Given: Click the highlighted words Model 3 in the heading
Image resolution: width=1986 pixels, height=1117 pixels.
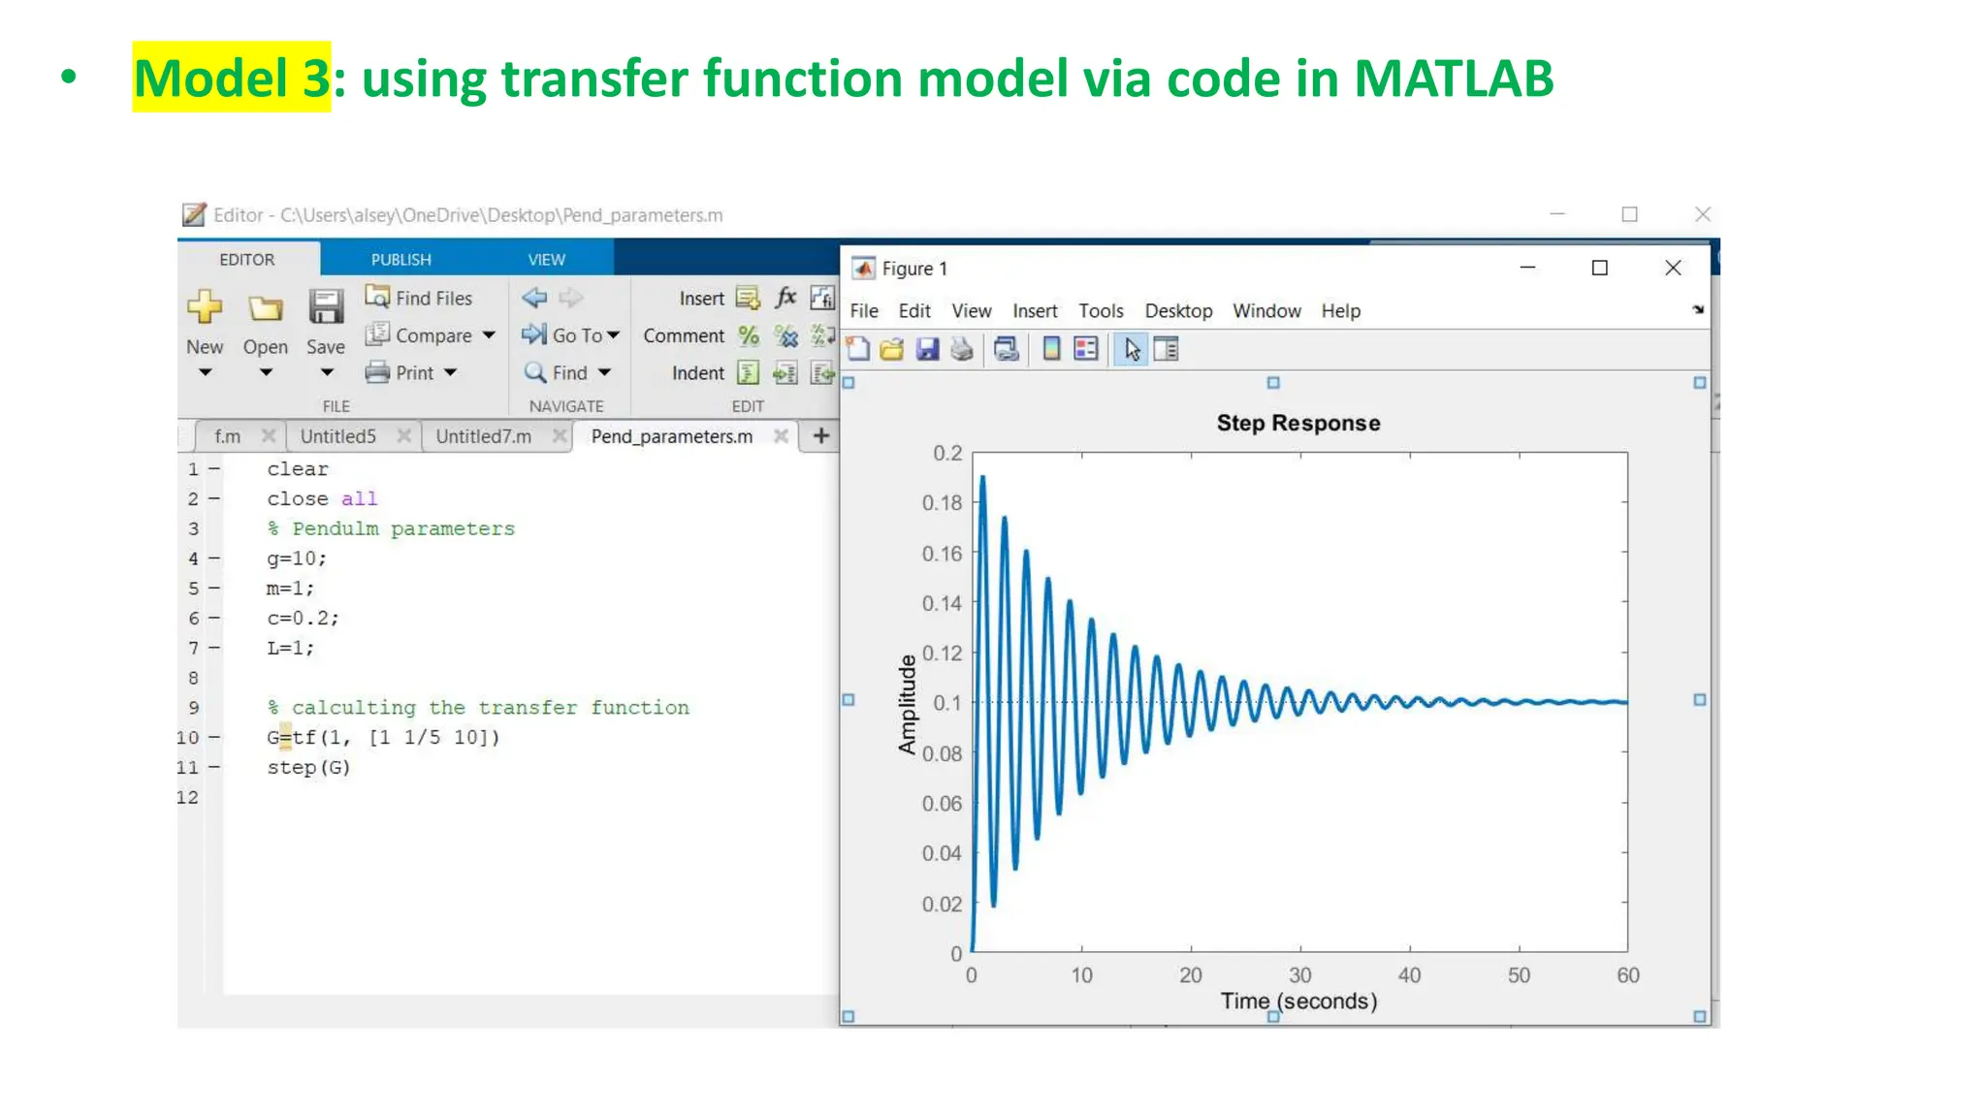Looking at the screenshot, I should click(x=232, y=78).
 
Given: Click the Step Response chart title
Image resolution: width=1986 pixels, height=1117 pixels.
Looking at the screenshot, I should click(x=1297, y=423).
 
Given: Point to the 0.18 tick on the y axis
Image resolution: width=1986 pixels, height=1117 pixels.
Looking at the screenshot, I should click(x=942, y=503).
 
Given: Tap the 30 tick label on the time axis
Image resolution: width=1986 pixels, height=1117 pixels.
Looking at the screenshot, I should click(x=1299, y=975).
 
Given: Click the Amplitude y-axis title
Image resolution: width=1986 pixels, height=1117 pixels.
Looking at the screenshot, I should click(x=907, y=704).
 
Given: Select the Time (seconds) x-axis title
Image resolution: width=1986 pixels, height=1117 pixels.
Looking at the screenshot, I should click(x=1297, y=1001).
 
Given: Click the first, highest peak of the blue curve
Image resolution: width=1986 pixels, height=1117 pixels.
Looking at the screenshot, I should click(x=982, y=477).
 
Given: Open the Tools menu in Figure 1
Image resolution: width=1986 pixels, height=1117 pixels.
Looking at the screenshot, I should click(x=1101, y=311).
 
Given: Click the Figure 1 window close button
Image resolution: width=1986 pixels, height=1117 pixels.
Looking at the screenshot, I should click(x=1673, y=268).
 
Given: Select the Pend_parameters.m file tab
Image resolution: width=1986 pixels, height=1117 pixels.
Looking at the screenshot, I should click(x=671, y=436).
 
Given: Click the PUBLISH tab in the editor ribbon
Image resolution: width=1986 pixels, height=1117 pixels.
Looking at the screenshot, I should click(x=400, y=260).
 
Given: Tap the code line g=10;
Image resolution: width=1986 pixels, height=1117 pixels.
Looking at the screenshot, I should click(x=297, y=558).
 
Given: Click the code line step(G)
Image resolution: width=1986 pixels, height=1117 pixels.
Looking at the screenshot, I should click(x=308, y=767).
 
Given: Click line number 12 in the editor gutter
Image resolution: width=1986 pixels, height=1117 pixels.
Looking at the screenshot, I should click(x=187, y=797).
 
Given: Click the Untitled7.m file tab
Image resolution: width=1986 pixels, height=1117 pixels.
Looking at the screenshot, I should click(x=483, y=436).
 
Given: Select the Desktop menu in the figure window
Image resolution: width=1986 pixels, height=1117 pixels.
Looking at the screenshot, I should click(x=1178, y=311).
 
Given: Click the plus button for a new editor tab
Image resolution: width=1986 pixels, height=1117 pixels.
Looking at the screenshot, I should click(x=820, y=436).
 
